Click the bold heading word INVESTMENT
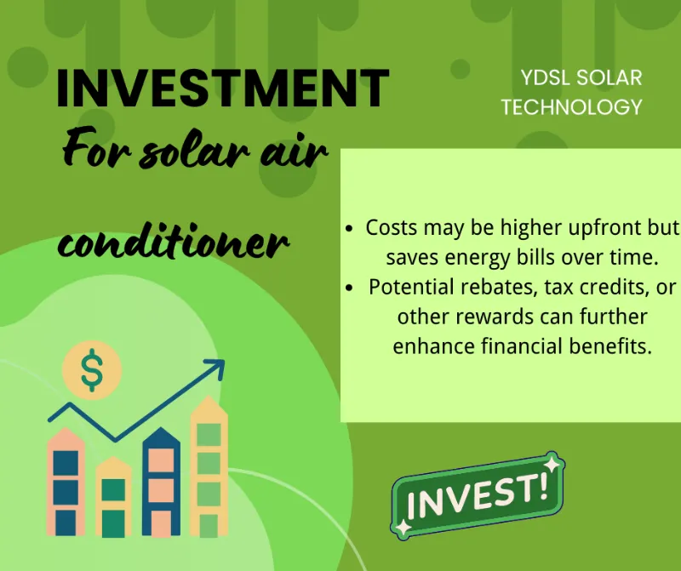[222, 88]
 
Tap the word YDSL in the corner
[545, 78]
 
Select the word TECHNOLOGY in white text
[571, 107]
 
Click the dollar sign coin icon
[92, 370]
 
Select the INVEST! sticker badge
[478, 495]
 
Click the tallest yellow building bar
[209, 466]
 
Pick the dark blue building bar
[161, 482]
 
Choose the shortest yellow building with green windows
[113, 497]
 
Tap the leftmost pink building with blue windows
[66, 482]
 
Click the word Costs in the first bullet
[392, 227]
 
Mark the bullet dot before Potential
[349, 288]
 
